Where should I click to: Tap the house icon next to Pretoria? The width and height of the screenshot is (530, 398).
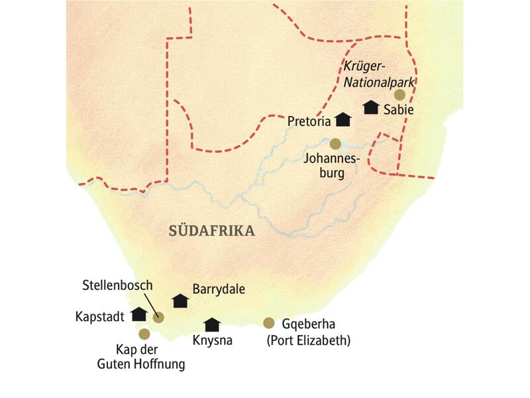coord(343,119)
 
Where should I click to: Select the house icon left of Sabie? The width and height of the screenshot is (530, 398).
coord(370,107)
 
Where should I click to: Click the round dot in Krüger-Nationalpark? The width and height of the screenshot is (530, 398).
coord(399,95)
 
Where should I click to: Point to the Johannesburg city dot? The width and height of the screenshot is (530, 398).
coord(335,143)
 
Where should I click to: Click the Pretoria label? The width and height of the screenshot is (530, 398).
coord(309,121)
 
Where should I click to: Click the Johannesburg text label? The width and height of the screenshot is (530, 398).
coord(331,166)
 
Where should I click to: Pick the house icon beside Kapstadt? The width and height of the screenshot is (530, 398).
coord(139,314)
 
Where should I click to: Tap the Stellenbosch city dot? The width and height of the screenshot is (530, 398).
coord(158,318)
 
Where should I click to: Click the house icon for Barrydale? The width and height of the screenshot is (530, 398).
coord(180,300)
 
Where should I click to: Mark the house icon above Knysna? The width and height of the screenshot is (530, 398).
coord(212,324)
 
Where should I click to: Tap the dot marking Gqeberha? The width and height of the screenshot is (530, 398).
coord(268,323)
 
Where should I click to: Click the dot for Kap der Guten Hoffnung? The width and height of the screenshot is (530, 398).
coord(144,334)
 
